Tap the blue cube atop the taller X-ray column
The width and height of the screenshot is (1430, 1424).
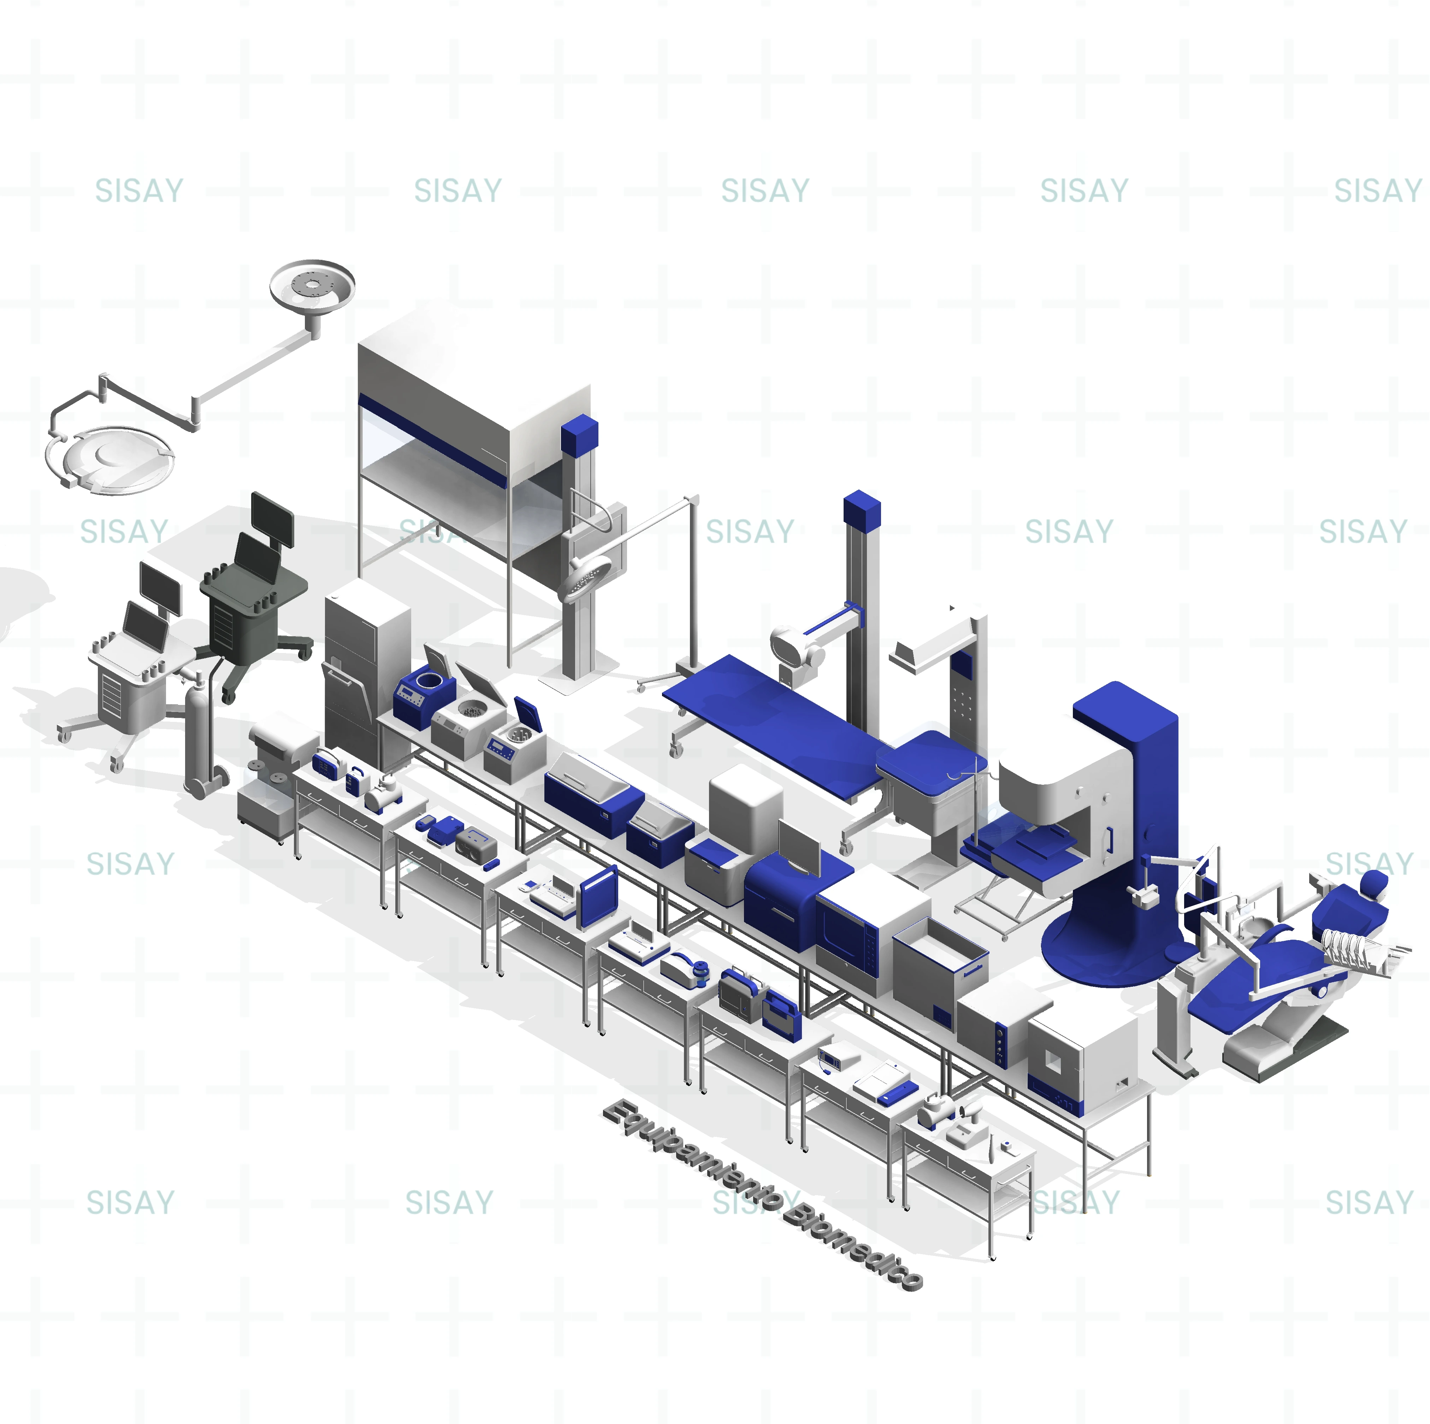pos(862,509)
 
